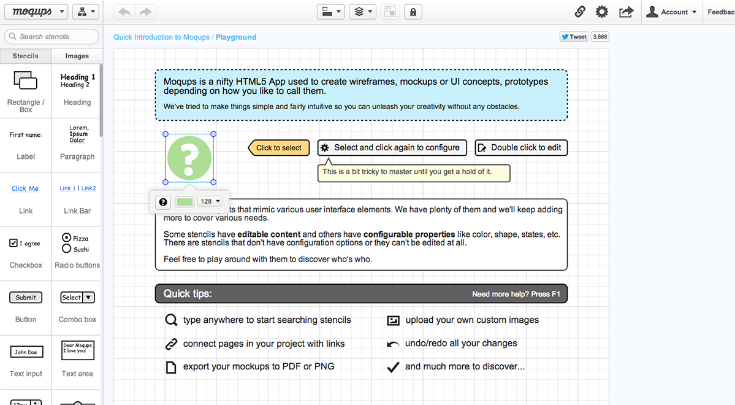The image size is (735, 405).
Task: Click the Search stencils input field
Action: coord(51,37)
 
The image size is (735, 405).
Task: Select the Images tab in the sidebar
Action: coord(77,56)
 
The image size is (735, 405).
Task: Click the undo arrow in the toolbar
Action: coord(124,12)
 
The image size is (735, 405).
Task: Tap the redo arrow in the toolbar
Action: coord(145,12)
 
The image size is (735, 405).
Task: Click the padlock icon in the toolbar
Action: coord(413,12)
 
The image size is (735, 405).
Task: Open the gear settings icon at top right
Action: coord(602,12)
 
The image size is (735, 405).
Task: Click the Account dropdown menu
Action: coord(671,12)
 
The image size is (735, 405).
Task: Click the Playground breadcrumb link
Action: coord(236,37)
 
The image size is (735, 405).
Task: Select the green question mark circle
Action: coord(189,158)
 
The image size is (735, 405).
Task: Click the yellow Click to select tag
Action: coord(279,148)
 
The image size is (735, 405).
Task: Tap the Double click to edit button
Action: coord(521,148)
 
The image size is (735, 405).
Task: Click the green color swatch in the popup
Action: coord(185,202)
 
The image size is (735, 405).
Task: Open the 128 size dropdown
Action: coord(210,201)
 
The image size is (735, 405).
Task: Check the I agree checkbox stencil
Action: coord(13,243)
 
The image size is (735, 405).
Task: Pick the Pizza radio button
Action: coord(67,238)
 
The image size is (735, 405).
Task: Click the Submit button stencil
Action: coord(26,298)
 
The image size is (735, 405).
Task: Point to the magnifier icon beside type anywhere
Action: coord(171,320)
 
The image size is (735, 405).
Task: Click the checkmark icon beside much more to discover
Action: coord(394,367)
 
